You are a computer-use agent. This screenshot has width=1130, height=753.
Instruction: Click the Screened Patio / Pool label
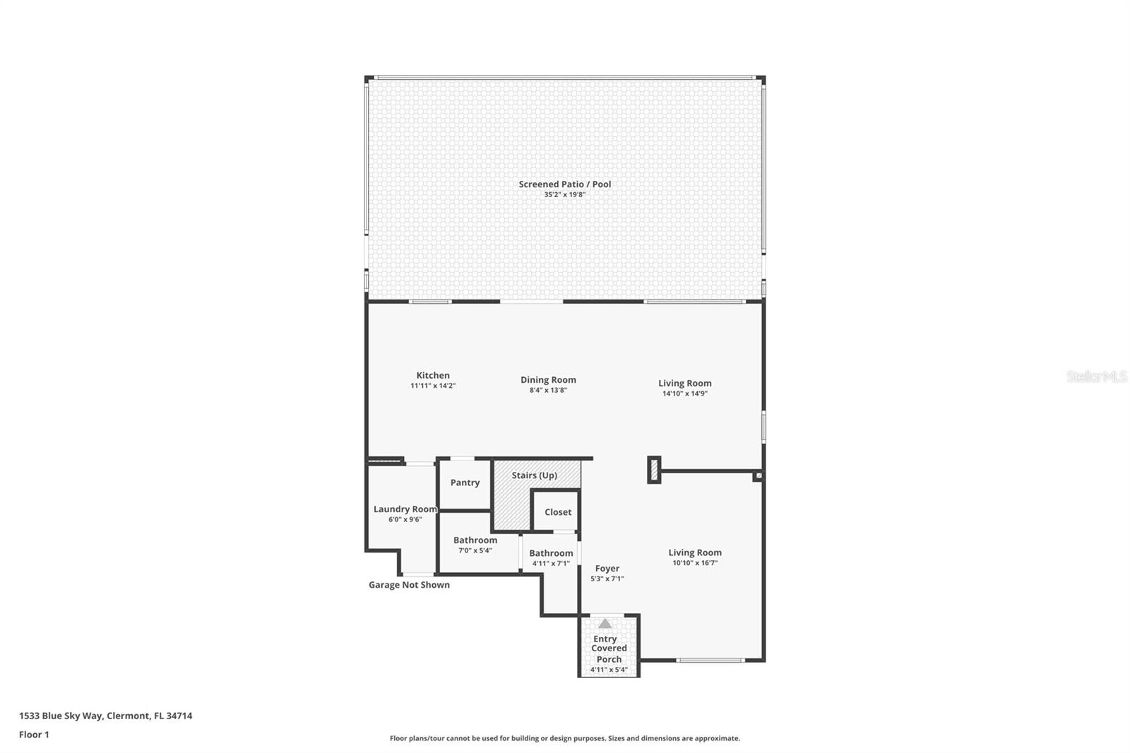click(x=565, y=184)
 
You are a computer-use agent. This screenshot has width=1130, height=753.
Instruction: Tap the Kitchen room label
click(x=433, y=376)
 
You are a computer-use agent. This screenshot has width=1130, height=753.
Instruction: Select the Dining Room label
click(x=548, y=380)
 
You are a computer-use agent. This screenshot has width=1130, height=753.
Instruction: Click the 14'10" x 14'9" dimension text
click(x=684, y=393)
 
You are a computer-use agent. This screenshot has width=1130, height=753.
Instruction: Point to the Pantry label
click(x=465, y=482)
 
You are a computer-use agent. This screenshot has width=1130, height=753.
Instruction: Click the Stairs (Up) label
click(x=535, y=475)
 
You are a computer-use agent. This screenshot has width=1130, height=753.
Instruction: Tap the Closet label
click(x=558, y=512)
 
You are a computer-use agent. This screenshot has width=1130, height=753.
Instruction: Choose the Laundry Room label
click(x=405, y=509)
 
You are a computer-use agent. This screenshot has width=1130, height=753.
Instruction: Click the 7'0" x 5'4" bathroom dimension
click(x=475, y=550)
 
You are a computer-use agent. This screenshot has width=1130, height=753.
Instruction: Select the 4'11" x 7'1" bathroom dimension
click(x=551, y=564)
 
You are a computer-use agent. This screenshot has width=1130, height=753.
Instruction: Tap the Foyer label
click(x=607, y=569)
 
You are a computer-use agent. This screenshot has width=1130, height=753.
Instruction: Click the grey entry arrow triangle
click(x=605, y=624)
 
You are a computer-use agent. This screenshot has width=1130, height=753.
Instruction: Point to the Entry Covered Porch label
click(x=608, y=648)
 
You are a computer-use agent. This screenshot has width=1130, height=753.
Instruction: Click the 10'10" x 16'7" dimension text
click(x=695, y=563)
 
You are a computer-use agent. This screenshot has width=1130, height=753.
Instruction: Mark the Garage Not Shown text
click(x=409, y=585)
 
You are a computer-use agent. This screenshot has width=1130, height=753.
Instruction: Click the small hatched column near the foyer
click(x=654, y=470)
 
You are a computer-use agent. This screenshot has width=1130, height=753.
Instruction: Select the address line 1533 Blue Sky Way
click(x=105, y=716)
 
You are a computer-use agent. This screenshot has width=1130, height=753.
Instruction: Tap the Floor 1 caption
click(x=34, y=735)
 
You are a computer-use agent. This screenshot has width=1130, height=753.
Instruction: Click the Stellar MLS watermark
click(x=1096, y=376)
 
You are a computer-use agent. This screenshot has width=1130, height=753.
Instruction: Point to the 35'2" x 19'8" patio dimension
click(x=565, y=194)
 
